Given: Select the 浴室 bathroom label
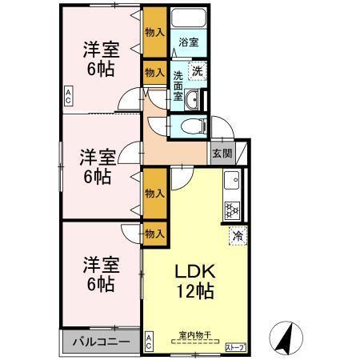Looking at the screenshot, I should (x=189, y=42).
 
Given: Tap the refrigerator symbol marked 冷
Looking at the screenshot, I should (x=237, y=236).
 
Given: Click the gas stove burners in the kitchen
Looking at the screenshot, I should (x=233, y=210).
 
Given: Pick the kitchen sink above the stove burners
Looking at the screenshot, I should (x=230, y=181).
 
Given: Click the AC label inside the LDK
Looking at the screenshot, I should (x=149, y=343).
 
